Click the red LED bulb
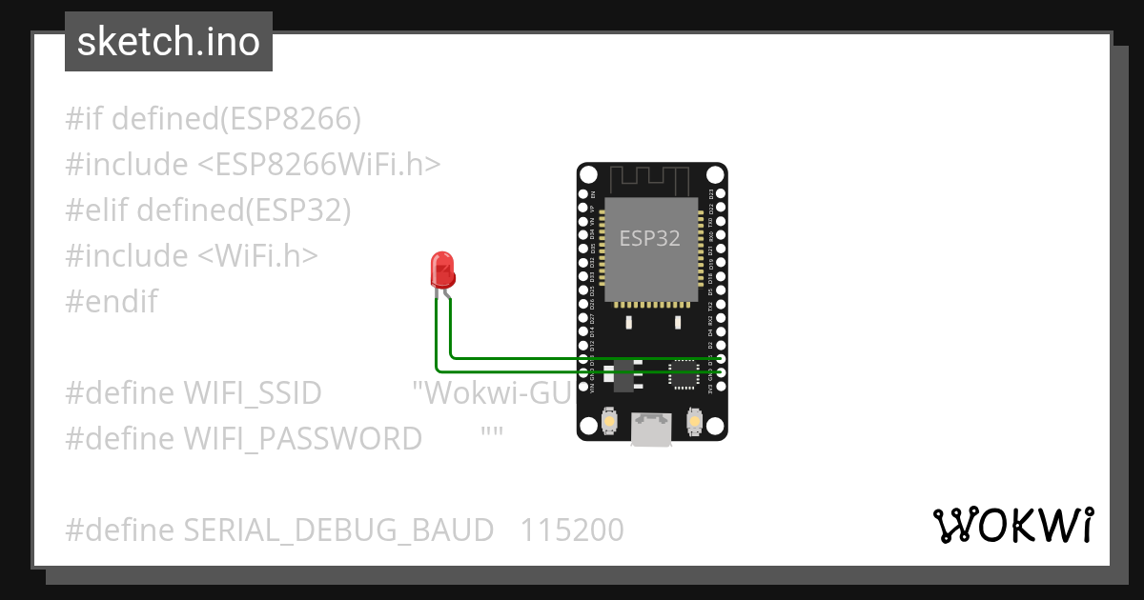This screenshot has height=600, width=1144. coord(442,271)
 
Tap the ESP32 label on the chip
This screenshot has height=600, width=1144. coord(650,238)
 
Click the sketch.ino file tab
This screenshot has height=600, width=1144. coord(169,42)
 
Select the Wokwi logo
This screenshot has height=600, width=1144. coord(1012,526)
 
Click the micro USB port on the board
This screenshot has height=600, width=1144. coord(652,430)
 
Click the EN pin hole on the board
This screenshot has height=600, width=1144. coord(584,193)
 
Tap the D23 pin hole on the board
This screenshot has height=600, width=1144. coord(720,193)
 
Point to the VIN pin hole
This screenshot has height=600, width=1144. coord(584,388)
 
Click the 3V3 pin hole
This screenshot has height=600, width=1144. coord(720,388)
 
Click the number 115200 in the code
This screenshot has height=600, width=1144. coord(572,530)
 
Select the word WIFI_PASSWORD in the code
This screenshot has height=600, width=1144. coord(302,439)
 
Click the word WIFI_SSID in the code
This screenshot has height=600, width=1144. coord(252,393)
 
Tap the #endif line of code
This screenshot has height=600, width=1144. coord(112,302)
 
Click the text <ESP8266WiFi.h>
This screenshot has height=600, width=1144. coord(319,165)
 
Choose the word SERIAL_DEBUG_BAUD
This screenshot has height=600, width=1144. coord(338,530)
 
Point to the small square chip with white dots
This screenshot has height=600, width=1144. coord(684,375)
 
